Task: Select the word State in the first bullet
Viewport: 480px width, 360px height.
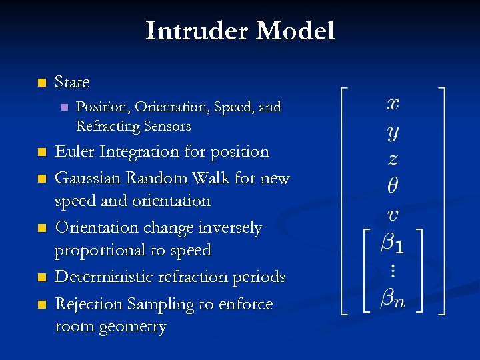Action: point(72,82)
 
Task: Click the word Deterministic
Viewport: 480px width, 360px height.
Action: point(111,277)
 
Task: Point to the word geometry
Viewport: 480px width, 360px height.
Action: point(131,327)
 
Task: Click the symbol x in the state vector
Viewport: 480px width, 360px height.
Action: point(393,104)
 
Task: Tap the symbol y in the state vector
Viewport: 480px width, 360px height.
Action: point(393,132)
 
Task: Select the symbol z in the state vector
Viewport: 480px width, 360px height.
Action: point(393,159)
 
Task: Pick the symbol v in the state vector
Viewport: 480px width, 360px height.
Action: point(393,214)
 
